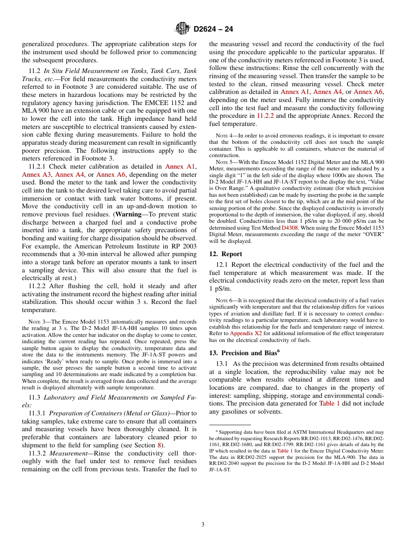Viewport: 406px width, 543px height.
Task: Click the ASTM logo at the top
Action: tap(182, 29)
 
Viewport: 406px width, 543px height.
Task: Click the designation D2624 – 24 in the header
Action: tap(213, 29)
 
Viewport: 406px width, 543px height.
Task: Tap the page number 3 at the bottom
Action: tap(203, 524)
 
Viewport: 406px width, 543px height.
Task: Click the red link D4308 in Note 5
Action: tap(289, 228)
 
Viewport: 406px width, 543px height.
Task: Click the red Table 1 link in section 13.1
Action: tap(329, 403)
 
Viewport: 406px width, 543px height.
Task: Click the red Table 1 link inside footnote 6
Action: tap(285, 450)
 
